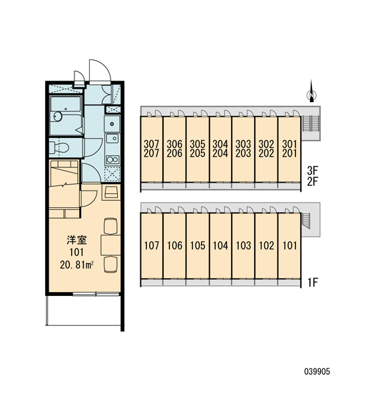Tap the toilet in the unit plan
[59, 147]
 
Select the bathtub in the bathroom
[65, 104]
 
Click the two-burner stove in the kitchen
[112, 160]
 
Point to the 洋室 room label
[77, 240]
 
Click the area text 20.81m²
[77, 265]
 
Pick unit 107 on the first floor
[152, 245]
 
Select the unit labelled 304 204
[220, 149]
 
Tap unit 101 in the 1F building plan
[290, 245]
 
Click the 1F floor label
[313, 283]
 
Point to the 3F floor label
[313, 170]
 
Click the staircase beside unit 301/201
[310, 123]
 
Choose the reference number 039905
[317, 371]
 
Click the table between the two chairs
[110, 245]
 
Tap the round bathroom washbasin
[57, 117]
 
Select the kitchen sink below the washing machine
[112, 139]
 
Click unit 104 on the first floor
[220, 245]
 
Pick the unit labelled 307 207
[152, 149]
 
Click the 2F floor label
[313, 181]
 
